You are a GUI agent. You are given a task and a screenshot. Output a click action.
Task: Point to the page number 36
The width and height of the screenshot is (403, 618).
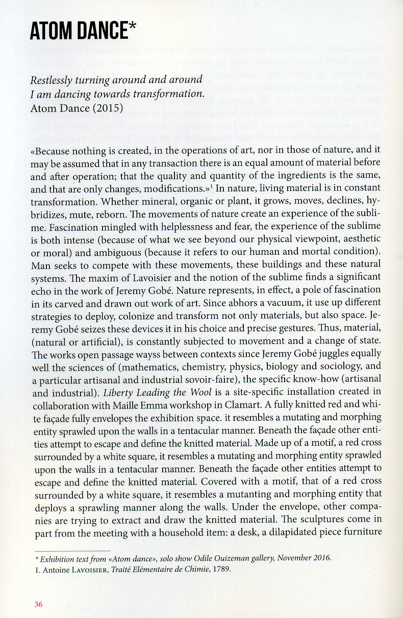39,604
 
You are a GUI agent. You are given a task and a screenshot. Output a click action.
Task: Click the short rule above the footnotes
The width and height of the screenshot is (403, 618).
72,551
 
